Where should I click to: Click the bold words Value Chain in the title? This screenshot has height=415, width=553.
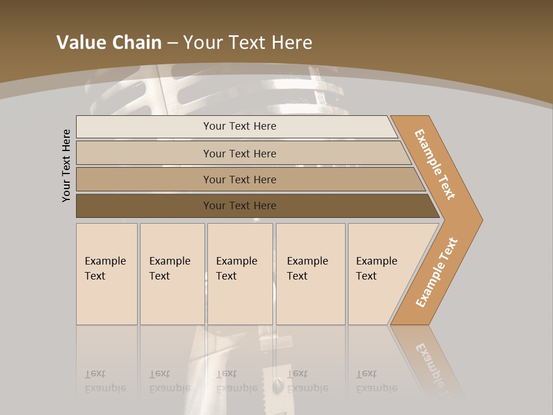pos(109,43)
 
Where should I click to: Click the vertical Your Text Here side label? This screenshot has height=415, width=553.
pos(67,165)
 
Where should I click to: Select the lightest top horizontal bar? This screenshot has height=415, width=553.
pos(144,127)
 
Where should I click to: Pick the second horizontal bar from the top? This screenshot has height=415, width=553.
pos(144,153)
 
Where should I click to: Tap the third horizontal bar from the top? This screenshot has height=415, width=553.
pos(144,179)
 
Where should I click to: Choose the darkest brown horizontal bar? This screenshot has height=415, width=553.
pos(144,206)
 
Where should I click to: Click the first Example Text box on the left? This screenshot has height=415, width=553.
pos(107,274)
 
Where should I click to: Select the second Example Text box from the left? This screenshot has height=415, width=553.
pos(172,274)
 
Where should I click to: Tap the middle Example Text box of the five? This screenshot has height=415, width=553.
pos(240,274)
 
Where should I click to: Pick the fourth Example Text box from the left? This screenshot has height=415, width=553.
pos(310,274)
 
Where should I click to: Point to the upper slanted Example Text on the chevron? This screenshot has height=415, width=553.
pos(435,164)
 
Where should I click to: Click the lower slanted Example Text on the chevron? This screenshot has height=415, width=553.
pos(437,272)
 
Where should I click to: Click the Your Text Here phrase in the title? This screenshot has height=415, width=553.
pos(248,43)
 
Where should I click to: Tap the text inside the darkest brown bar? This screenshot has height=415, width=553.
pos(240,206)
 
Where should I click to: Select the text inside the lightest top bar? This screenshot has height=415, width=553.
pos(240,126)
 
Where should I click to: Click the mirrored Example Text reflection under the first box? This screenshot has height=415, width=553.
pos(105,381)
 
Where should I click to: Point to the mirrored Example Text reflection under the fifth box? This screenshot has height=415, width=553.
pos(377,381)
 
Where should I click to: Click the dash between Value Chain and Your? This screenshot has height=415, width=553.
pos(172,43)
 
